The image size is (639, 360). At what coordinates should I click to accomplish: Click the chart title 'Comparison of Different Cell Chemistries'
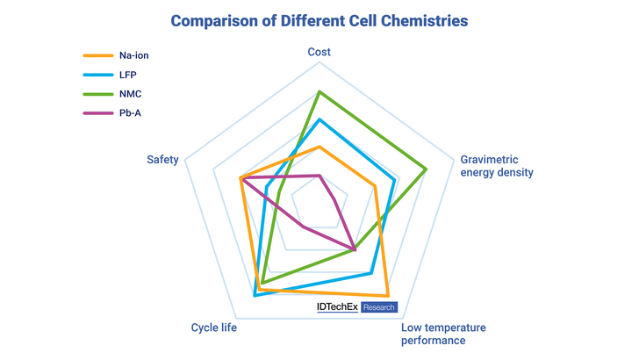click(319, 20)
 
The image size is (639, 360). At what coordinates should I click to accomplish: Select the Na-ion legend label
click(133, 55)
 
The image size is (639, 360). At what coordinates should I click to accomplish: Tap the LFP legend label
click(129, 74)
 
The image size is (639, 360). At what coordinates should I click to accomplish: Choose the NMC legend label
click(131, 93)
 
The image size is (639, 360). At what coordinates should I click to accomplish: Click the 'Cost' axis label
click(319, 53)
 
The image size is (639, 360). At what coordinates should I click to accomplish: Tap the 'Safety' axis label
click(162, 160)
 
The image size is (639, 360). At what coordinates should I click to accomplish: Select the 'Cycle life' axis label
click(213, 328)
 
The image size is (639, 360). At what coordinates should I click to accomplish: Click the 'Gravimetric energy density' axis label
click(497, 166)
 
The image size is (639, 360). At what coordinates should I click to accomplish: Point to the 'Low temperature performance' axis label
click(443, 334)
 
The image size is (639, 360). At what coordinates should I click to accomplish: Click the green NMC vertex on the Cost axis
click(319, 91)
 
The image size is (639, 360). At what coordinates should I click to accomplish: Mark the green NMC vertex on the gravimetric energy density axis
click(427, 169)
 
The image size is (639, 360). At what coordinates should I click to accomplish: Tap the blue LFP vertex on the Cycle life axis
click(255, 296)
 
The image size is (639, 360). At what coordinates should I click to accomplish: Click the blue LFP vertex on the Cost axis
click(319, 119)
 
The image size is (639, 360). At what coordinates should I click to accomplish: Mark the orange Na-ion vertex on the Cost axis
click(319, 146)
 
